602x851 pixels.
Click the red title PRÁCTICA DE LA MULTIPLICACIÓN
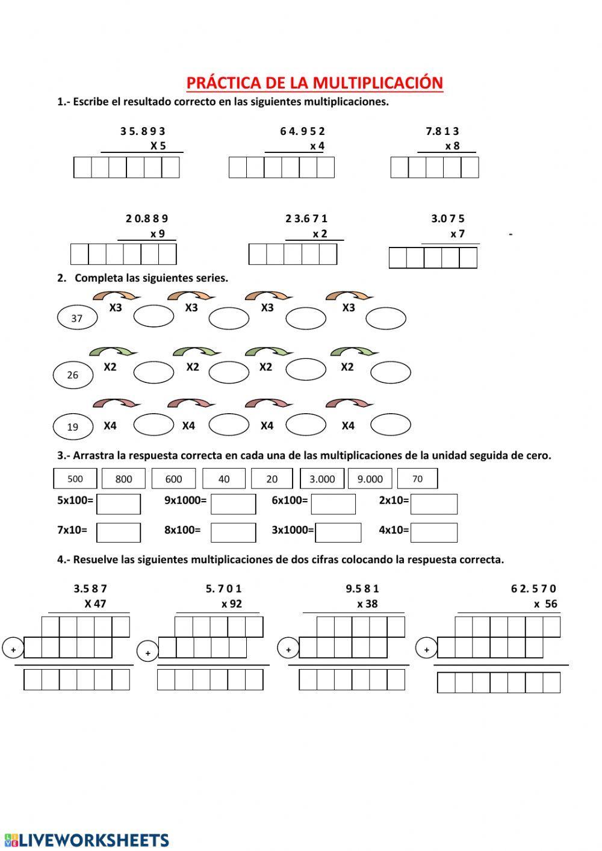coord(314,83)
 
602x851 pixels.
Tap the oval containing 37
coord(77,318)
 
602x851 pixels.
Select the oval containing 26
coord(73,375)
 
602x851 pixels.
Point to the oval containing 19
coord(73,426)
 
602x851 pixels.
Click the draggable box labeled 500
coord(75,479)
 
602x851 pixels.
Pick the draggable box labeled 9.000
coord(370,479)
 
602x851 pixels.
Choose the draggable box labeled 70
coord(417,479)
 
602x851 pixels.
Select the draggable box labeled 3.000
coord(321,479)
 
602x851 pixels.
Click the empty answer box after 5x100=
coord(119,504)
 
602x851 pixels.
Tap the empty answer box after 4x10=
coord(433,532)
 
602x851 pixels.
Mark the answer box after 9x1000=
coord(233,504)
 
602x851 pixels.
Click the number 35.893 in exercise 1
coord(143,131)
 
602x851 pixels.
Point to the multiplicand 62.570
coord(533,588)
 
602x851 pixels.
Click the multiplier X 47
coord(95,603)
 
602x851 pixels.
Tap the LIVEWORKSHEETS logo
coord(87,840)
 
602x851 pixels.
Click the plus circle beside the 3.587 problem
coord(13,649)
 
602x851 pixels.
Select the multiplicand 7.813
coord(442,131)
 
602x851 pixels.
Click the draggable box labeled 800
coord(123,479)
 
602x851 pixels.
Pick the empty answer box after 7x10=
coord(119,532)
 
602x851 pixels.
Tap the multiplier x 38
coord(367,603)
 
